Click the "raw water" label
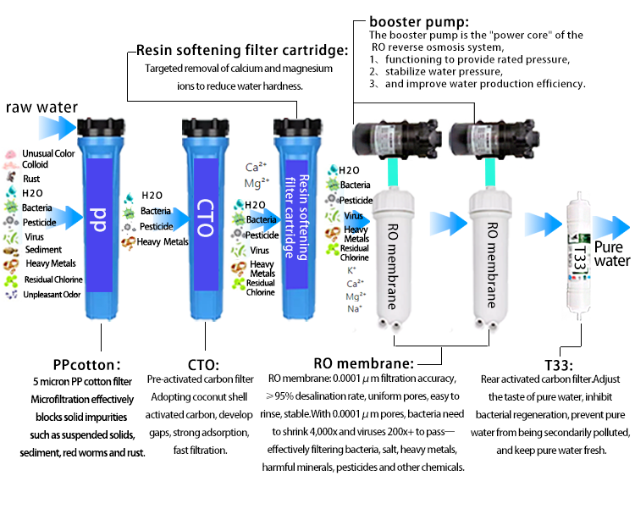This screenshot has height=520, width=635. click(x=41, y=108)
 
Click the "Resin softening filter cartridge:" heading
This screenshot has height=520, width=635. click(x=242, y=50)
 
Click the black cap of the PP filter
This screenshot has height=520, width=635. click(x=100, y=129)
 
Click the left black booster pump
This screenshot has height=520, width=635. click(x=394, y=139)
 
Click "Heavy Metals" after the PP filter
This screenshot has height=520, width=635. click(x=163, y=242)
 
